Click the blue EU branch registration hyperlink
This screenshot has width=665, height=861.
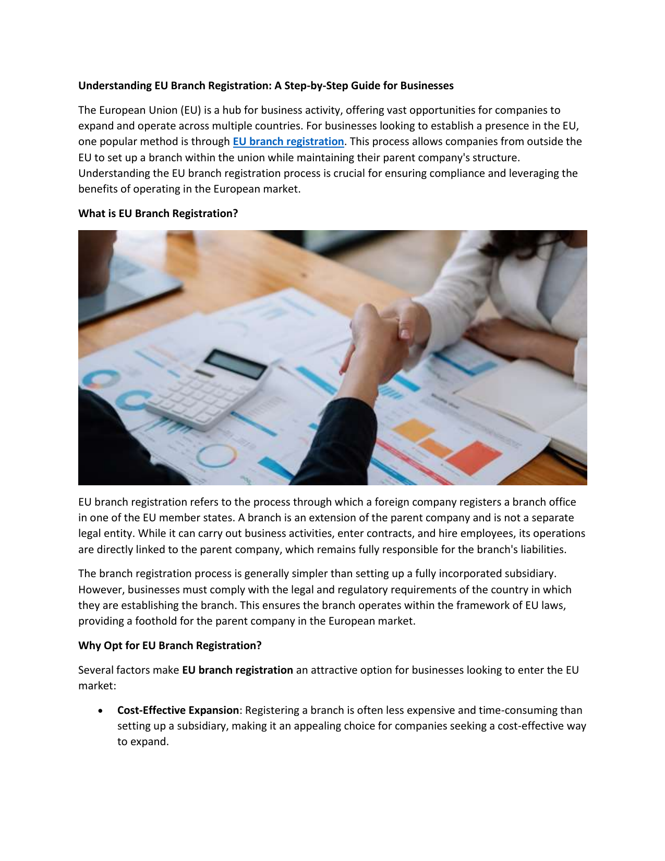[x=288, y=141]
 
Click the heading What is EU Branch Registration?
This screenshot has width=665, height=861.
[x=158, y=213]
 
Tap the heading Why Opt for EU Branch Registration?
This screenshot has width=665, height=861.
[x=170, y=645]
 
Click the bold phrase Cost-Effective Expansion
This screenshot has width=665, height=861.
[x=178, y=710]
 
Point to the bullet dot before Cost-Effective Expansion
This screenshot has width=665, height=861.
[x=100, y=711]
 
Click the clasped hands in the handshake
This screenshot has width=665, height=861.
[x=383, y=334]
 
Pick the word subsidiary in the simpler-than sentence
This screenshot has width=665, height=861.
[x=528, y=573]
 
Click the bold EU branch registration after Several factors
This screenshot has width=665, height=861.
[x=237, y=670]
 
